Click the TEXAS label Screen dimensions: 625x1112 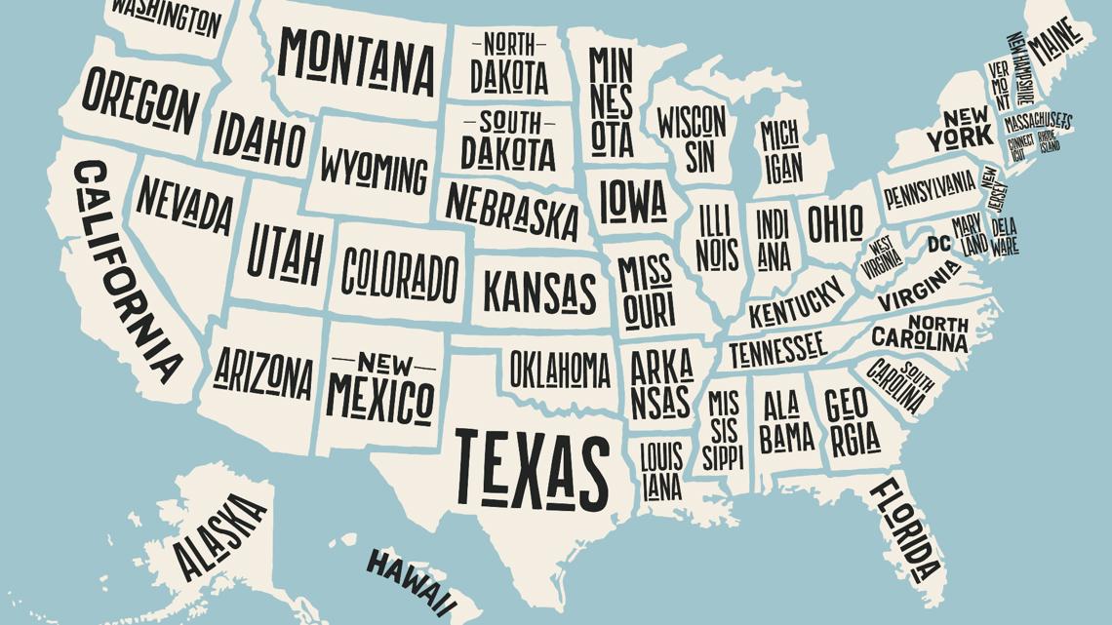(x=532, y=468)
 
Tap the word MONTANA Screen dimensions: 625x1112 (x=356, y=60)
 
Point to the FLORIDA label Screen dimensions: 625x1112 (x=906, y=527)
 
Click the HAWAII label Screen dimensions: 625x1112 (x=411, y=579)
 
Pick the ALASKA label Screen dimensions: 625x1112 (x=219, y=535)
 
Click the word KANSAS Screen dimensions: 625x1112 (x=539, y=291)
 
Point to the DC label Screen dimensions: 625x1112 (x=938, y=243)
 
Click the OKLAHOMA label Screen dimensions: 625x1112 (x=560, y=370)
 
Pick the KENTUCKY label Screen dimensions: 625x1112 (x=796, y=303)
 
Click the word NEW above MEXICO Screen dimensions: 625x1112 (x=383, y=365)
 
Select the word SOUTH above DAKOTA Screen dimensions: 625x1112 (x=508, y=124)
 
